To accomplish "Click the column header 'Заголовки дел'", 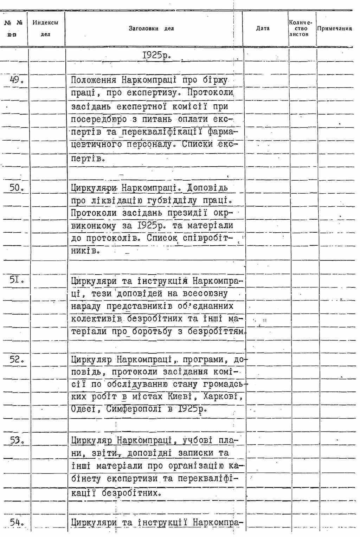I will tap(151, 28).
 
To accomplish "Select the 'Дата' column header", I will tap(263, 28).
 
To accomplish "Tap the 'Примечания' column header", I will tap(334, 28).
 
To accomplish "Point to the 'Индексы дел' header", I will tap(45, 28).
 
